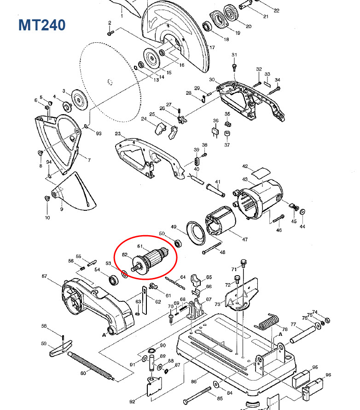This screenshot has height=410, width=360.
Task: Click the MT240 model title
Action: click(x=42, y=25)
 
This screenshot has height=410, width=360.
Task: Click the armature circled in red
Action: click(x=152, y=261)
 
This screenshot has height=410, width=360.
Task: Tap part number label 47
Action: click(x=245, y=240)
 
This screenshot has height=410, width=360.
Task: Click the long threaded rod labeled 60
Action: click(x=91, y=364)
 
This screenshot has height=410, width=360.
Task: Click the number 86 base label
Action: click(x=194, y=381)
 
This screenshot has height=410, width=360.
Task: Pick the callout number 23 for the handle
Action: click(x=117, y=134)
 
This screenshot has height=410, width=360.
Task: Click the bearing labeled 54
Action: click(x=112, y=280)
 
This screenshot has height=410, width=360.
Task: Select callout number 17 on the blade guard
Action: click(x=212, y=48)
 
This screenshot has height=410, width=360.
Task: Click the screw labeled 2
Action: click(x=110, y=33)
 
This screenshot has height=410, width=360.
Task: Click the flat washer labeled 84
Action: click(x=216, y=384)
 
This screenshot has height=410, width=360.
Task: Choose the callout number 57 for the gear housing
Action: click(x=44, y=277)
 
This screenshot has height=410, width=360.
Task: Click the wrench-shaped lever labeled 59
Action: click(x=59, y=349)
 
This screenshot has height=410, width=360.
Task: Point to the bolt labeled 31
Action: click(x=234, y=67)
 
